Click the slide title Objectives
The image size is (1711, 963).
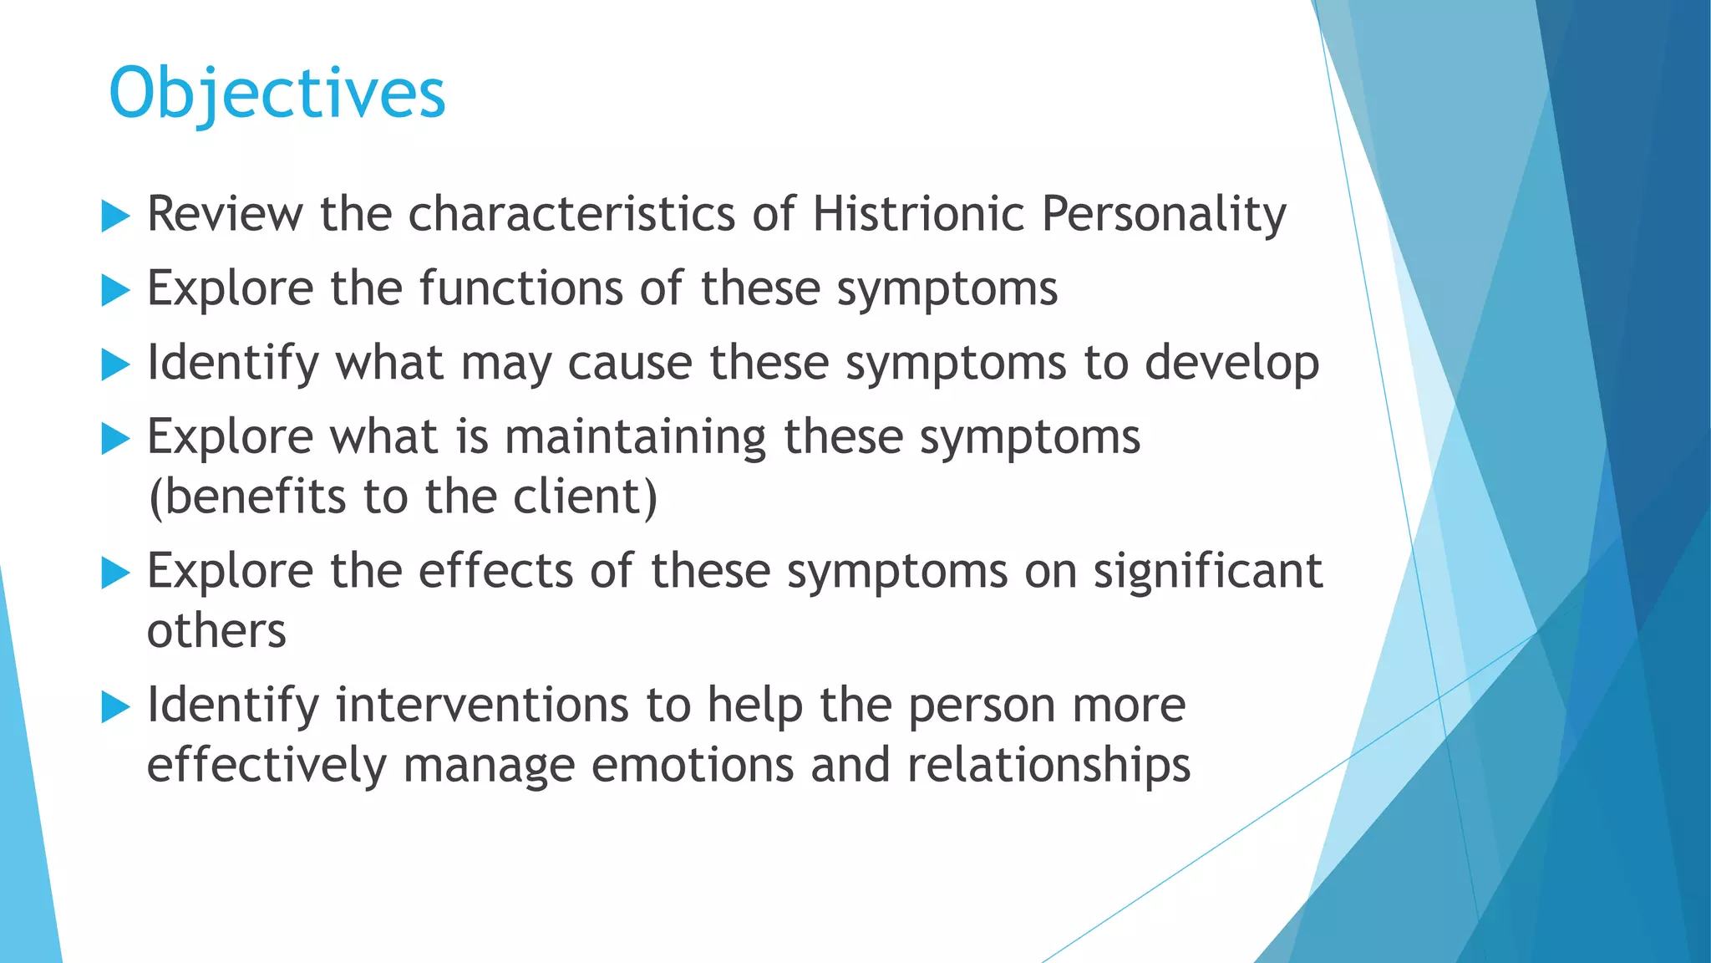pos(277,94)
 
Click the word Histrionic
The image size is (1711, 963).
pos(918,214)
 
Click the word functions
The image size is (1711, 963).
pos(521,288)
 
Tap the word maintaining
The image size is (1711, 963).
pos(635,438)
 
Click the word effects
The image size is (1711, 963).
pos(496,571)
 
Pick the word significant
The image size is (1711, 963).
pos(1208,573)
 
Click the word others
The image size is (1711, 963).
pos(216,631)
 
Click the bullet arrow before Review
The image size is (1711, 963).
pos(115,217)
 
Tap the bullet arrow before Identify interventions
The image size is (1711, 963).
pos(115,708)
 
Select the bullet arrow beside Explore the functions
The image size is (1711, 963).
pos(115,291)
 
